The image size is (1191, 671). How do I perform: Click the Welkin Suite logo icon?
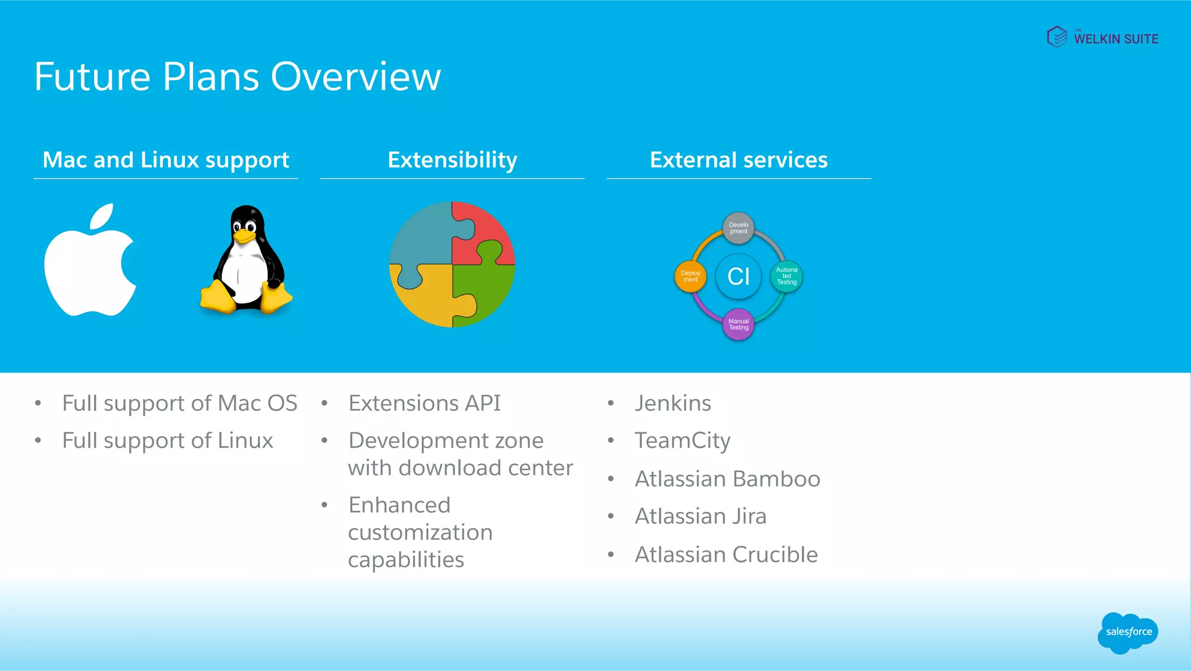pos(1057,37)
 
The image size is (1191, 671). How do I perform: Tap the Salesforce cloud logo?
pos(1128,633)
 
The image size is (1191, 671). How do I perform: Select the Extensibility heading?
pos(452,160)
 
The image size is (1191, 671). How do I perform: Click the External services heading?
pos(738,160)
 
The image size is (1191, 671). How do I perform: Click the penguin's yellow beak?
pos(244,236)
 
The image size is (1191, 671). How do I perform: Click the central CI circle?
pos(738,276)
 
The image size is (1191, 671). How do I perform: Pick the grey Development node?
pos(739,228)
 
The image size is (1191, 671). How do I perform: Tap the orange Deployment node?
pos(690,276)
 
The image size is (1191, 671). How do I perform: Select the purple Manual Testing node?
pos(739,324)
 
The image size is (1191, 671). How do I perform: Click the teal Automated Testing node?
pos(786,276)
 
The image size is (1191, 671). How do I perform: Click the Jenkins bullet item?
pos(673,403)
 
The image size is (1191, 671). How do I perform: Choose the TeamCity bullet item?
pos(682,441)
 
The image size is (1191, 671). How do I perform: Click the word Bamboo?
pos(776,479)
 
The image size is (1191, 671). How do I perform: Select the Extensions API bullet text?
pos(425,403)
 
